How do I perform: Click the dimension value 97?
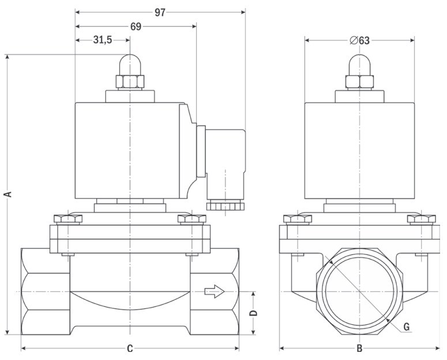tap(160, 12)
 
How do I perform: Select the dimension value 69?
tap(136, 27)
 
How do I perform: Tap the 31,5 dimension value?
tap(103, 40)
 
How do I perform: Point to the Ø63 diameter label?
tap(359, 40)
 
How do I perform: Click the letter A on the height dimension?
tap(8, 194)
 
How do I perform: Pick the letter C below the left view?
tap(130, 348)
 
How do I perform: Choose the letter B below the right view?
tap(359, 348)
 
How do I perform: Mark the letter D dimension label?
tap(253, 313)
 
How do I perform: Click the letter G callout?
tap(407, 327)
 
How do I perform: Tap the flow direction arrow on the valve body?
tap(215, 291)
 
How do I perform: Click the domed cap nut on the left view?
tap(130, 65)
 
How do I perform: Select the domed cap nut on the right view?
tap(359, 65)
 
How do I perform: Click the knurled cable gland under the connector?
tap(225, 205)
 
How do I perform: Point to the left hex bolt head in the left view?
tap(68, 219)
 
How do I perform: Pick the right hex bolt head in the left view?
tap(192, 219)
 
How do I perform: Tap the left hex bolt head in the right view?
tap(298, 219)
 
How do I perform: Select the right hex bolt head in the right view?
tap(422, 219)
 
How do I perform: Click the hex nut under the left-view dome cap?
tap(130, 81)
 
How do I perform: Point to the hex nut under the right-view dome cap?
tap(359, 81)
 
